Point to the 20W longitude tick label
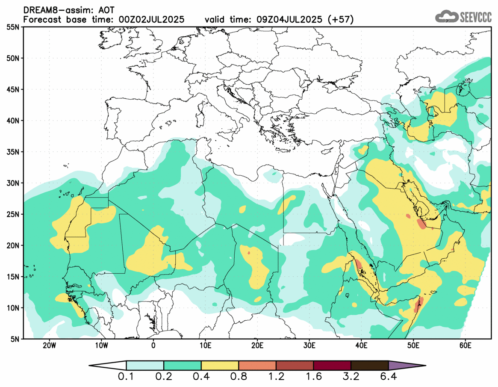click(49, 345)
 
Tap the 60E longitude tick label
click(465, 345)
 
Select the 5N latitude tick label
click(14, 339)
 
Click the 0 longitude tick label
click(153, 345)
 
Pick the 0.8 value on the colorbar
click(239, 377)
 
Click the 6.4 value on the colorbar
click(388, 377)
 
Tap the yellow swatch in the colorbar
click(220, 366)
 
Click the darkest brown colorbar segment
click(369, 366)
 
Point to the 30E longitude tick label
click(309, 345)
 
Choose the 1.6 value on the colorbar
click(313, 377)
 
